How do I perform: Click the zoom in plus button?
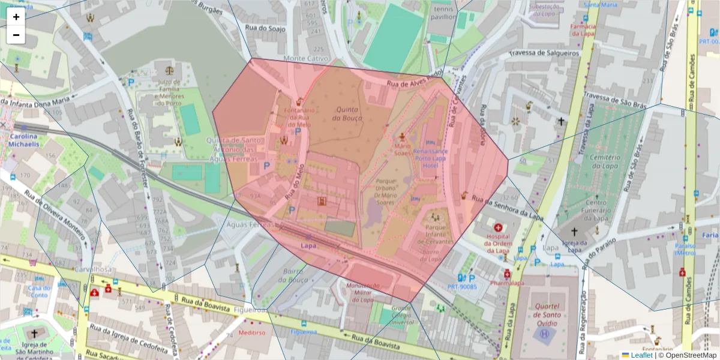[16, 17]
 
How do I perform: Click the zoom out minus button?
[16, 35]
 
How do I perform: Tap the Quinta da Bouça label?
[347, 113]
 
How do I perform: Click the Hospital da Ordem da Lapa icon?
[497, 227]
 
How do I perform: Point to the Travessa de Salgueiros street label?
[544, 53]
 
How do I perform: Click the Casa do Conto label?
[38, 291]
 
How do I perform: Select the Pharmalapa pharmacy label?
[506, 283]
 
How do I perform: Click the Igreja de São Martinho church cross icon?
[34, 334]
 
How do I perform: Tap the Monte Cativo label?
[306, 59]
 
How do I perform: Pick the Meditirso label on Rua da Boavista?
[251, 332]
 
